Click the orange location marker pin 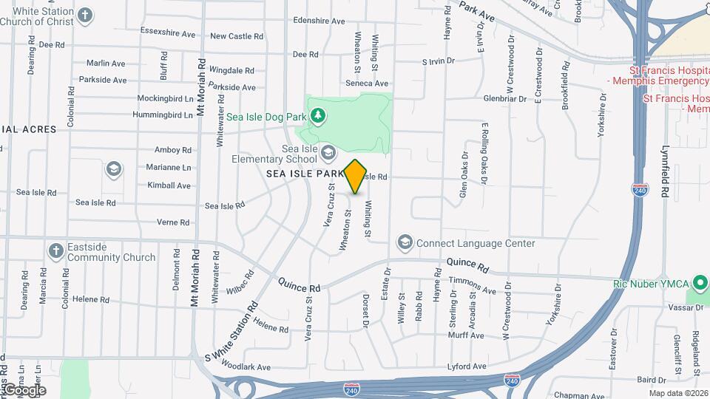(x=356, y=176)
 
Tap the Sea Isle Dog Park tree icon (x=317, y=115)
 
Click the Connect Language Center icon (x=405, y=242)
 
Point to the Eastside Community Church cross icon (x=55, y=251)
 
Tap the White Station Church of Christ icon (x=86, y=15)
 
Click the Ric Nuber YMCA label (x=650, y=284)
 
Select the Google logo (x=24, y=390)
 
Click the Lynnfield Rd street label (x=665, y=171)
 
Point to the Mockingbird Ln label (x=165, y=98)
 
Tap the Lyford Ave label (x=467, y=366)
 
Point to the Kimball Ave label (x=169, y=185)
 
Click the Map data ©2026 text (x=677, y=393)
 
